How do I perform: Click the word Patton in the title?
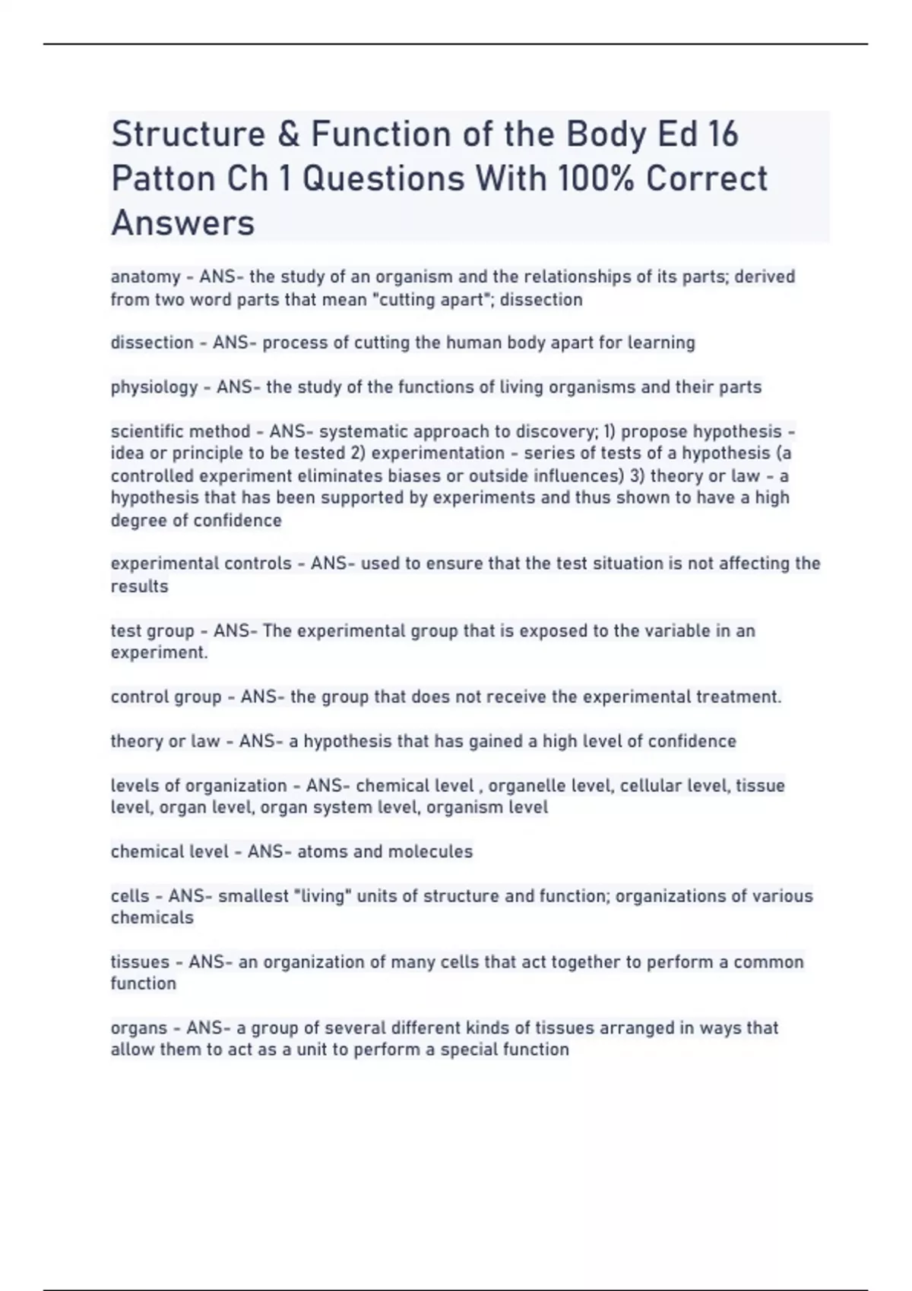click(x=162, y=179)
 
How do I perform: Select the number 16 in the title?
click(x=722, y=134)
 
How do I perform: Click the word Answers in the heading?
click(x=182, y=223)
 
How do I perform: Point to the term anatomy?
click(x=145, y=276)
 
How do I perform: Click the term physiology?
click(x=154, y=387)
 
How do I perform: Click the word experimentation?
click(x=438, y=453)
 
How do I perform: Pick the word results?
click(x=139, y=586)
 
